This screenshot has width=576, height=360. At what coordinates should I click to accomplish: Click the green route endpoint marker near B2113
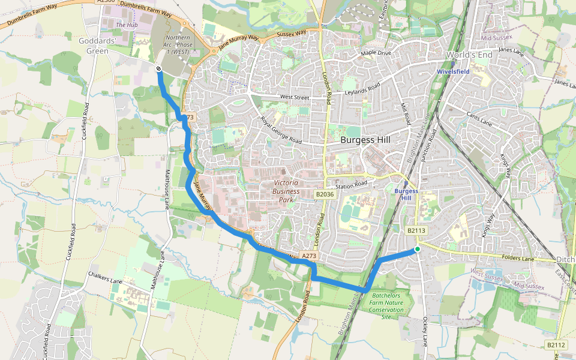[x=417, y=249]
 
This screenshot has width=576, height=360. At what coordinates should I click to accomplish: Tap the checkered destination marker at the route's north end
[x=158, y=70]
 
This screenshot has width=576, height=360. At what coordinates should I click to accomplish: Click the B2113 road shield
[x=416, y=230]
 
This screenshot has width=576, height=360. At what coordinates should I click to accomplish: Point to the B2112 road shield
[x=556, y=345]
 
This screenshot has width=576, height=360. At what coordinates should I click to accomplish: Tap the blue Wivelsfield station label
[x=453, y=71]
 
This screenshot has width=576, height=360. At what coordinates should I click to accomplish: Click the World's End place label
[x=469, y=55]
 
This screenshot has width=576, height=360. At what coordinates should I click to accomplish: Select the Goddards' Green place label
[x=94, y=46]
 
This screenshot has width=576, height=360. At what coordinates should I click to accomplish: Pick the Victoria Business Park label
[x=286, y=191]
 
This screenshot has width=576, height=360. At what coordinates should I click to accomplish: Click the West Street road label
[x=294, y=97]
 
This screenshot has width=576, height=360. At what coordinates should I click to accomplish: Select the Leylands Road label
[x=362, y=89]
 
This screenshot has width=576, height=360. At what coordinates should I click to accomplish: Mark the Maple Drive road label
[x=376, y=54]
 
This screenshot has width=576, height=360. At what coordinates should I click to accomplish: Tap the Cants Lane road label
[x=478, y=119]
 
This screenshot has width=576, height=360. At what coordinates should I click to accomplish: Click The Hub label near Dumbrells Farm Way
[x=127, y=25]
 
